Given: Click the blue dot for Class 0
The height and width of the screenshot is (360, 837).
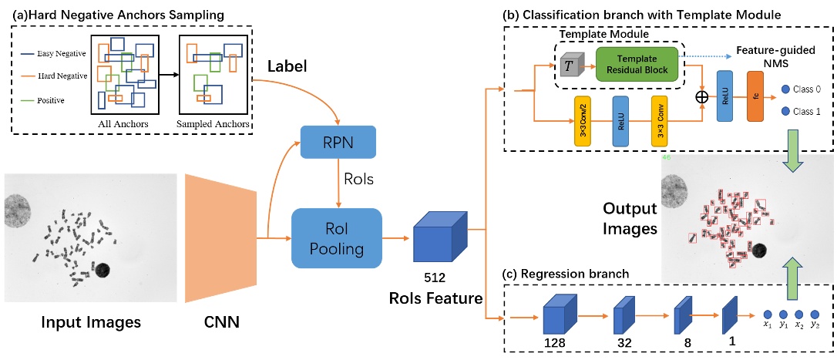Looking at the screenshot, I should click(x=786, y=89).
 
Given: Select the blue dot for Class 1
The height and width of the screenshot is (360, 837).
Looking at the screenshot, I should click(x=786, y=112).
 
